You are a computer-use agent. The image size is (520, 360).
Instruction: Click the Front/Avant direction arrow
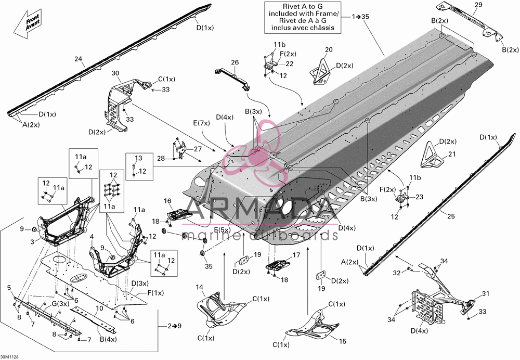pyautogui.click(x=27, y=24)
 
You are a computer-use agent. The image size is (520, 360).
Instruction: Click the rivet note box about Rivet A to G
pyautogui.click(x=303, y=17)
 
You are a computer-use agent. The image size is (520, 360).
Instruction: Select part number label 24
pyautogui.click(x=78, y=59)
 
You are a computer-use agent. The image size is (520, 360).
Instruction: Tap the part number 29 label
pyautogui.click(x=478, y=5)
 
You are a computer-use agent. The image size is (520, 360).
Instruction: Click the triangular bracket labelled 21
pyautogui.click(x=432, y=155)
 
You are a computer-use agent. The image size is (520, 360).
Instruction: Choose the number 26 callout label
pyautogui.click(x=235, y=62)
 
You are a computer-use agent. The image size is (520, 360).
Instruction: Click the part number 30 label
pyautogui.click(x=115, y=73)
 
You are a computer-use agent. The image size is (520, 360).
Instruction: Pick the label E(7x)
pyautogui.click(x=201, y=123)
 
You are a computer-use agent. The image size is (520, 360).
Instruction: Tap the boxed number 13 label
pyautogui.click(x=138, y=158)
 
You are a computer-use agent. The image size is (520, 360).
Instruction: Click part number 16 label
pyautogui.click(x=167, y=201)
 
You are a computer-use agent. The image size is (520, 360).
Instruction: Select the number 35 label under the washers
pyautogui.click(x=209, y=266)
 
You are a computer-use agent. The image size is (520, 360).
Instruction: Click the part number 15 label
pyautogui.click(x=343, y=341)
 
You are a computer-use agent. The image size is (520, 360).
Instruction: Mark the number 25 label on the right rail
pyautogui.click(x=451, y=216)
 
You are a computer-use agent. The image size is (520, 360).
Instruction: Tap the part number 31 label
pyautogui.click(x=486, y=293)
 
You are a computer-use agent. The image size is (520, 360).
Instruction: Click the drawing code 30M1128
pyautogui.click(x=9, y=357)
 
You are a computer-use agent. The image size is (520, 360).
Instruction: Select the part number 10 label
pyautogui.click(x=99, y=308)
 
